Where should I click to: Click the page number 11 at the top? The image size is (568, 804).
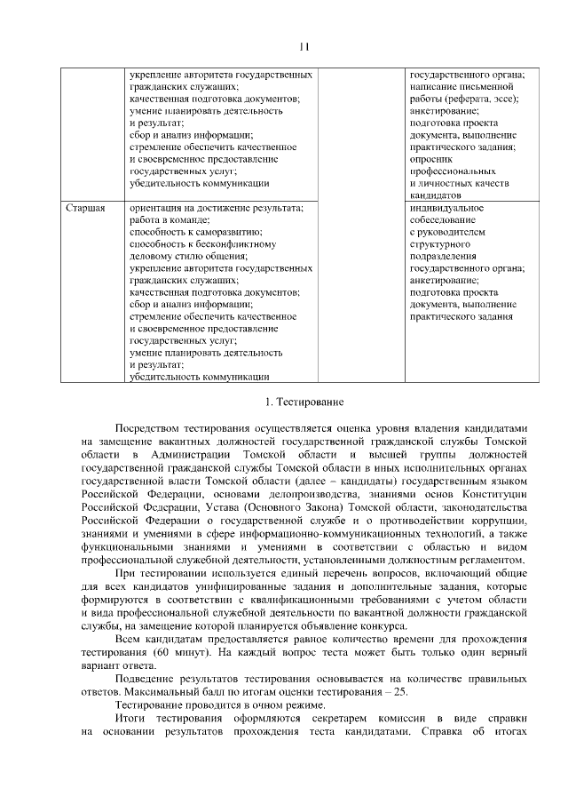coord(304,47)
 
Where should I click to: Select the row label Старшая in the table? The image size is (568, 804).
coord(86,208)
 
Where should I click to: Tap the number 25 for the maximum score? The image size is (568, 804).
coord(402,690)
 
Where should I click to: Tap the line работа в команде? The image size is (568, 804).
coord(170,219)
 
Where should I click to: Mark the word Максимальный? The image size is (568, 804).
coord(152,690)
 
